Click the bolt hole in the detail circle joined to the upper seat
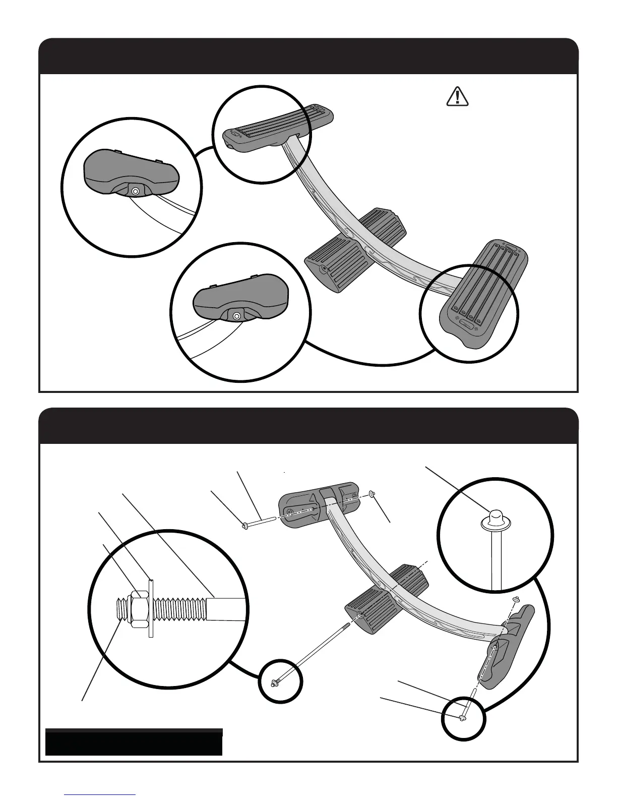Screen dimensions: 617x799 [135, 191]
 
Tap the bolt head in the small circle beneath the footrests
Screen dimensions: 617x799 [274, 683]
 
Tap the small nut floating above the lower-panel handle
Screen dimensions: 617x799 [516, 599]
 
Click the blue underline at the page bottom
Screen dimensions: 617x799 [100, 794]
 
